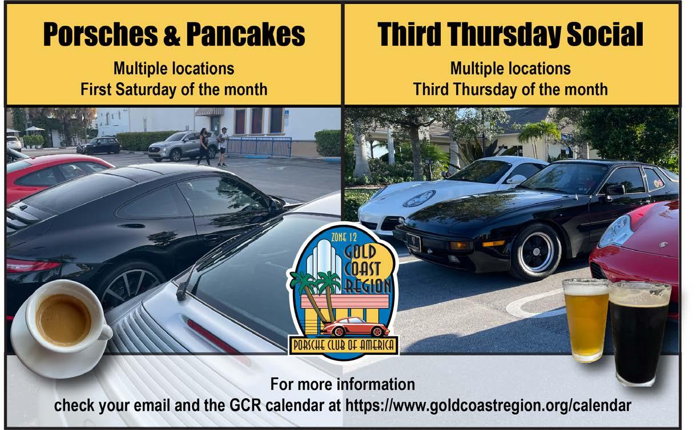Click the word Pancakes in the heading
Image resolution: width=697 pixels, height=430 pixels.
[245, 34]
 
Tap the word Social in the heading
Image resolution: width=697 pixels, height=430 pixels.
[605, 34]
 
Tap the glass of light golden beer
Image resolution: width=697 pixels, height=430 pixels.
[586, 321]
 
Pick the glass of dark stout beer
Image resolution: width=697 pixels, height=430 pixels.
[639, 333]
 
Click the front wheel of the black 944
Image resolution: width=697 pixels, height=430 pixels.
[536, 252]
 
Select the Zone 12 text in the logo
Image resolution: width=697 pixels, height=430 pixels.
[344, 238]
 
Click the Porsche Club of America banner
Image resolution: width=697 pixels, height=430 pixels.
[344, 345]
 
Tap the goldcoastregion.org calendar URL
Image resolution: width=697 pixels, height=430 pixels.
[488, 405]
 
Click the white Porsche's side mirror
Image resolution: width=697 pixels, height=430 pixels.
[516, 180]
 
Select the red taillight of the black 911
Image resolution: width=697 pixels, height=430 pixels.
[33, 266]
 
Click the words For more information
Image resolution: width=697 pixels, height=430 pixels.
[343, 384]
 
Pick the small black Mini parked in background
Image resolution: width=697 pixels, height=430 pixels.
[99, 145]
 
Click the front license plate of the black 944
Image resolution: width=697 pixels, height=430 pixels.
[413, 242]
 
